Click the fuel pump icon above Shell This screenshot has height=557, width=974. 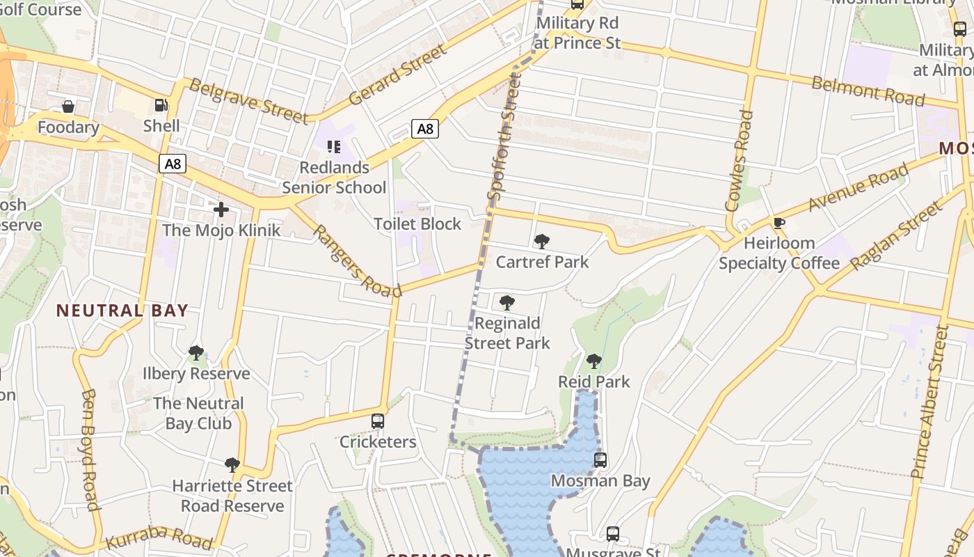pyautogui.click(x=161, y=105)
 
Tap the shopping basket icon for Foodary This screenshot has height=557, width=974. pyautogui.click(x=68, y=107)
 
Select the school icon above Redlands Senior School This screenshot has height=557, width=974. pyautogui.click(x=334, y=147)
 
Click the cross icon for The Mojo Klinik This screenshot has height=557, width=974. pyautogui.click(x=221, y=209)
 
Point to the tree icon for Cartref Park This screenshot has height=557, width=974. pyautogui.click(x=541, y=242)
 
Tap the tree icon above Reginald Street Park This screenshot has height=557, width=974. pyautogui.click(x=507, y=303)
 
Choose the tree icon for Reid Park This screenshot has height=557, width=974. pyautogui.click(x=593, y=361)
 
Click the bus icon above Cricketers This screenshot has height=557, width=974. pyautogui.click(x=378, y=421)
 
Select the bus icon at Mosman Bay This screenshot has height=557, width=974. pyautogui.click(x=600, y=460)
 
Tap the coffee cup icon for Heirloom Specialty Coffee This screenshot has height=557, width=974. pyautogui.click(x=779, y=223)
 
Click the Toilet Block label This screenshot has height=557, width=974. pyautogui.click(x=417, y=224)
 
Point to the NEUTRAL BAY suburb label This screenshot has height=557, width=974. pyautogui.click(x=122, y=311)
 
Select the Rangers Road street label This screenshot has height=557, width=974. pyautogui.click(x=357, y=260)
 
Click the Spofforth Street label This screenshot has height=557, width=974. pyautogui.click(x=504, y=136)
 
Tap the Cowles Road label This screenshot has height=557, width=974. pyautogui.click(x=739, y=160)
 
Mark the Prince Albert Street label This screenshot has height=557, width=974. pyautogui.click(x=930, y=402)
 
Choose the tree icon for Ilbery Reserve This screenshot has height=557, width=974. pyautogui.click(x=196, y=353)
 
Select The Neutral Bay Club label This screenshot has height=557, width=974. pyautogui.click(x=199, y=413)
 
